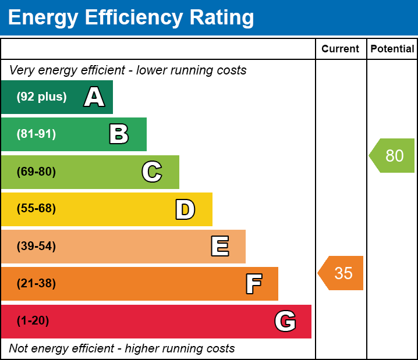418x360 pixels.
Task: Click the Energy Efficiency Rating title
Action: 131,17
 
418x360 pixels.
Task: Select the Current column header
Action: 341,49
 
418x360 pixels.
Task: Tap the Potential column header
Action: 392,49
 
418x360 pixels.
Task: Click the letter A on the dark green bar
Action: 94,97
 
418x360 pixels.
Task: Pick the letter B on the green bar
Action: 119,134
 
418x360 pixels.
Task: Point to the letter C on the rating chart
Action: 152,172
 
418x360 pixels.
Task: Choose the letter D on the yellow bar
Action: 185,209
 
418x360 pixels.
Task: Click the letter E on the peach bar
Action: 219,247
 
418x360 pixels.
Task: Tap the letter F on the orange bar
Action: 253,284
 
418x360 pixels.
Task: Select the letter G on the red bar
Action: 285,321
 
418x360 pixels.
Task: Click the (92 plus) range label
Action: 41,97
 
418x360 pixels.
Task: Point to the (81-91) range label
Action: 36,134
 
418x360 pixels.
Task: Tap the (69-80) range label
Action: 36,172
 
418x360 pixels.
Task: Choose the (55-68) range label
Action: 36,209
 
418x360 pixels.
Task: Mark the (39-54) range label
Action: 36,247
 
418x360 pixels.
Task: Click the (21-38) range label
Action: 36,284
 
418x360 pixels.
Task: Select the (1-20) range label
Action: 33,321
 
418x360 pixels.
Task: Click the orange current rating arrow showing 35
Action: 342,273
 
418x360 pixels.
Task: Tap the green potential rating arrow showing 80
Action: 393,156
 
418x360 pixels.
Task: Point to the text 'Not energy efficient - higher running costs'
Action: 122,349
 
